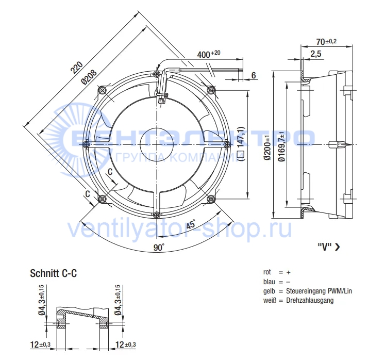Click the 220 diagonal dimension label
coord(77,67)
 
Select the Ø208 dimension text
coord(89,77)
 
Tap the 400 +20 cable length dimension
coord(209,54)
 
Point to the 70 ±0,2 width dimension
coord(326,42)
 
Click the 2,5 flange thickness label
coord(316,54)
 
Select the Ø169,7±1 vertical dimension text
coord(281,146)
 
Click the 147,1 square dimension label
coord(241,143)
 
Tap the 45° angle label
coord(191,224)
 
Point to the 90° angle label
coord(159,247)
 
